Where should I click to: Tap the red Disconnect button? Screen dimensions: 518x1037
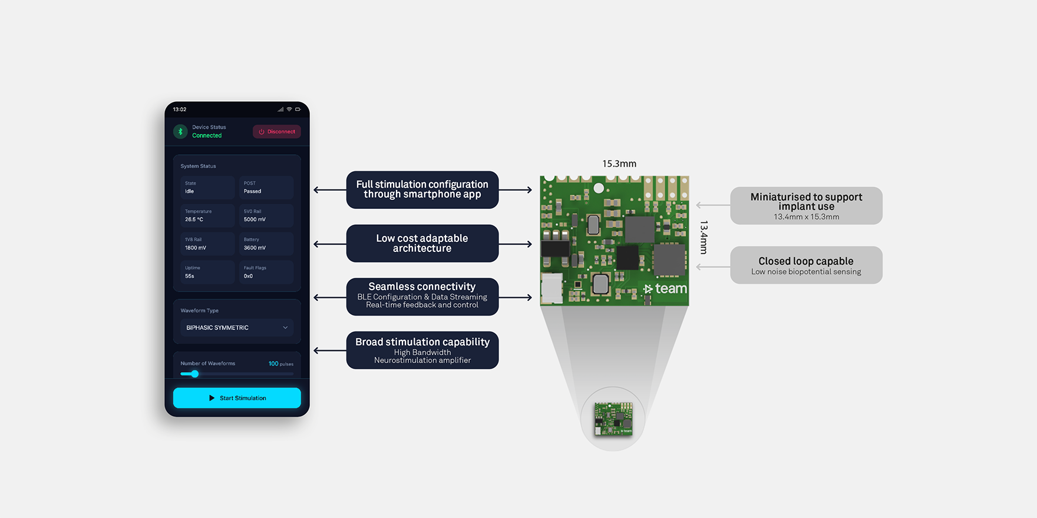pyautogui.click(x=277, y=132)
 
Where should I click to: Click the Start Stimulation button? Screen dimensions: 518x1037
pyautogui.click(x=237, y=398)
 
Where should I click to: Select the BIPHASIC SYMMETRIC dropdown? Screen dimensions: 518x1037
pyautogui.click(x=237, y=328)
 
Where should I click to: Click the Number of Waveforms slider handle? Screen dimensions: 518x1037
pyautogui.click(x=194, y=374)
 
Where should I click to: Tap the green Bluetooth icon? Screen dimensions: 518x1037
pyautogui.click(x=180, y=131)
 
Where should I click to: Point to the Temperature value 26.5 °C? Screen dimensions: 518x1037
pyautogui.click(x=194, y=220)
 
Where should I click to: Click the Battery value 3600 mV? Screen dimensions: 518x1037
pyautogui.click(x=255, y=248)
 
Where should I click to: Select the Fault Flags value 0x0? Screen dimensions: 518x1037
pyautogui.click(x=248, y=276)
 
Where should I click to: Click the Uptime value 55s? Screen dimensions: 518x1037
pyautogui.click(x=190, y=276)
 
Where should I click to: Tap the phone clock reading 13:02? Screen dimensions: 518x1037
pyautogui.click(x=180, y=109)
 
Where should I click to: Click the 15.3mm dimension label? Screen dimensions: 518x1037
pyautogui.click(x=619, y=164)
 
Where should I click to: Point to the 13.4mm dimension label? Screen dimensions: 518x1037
pyautogui.click(x=704, y=237)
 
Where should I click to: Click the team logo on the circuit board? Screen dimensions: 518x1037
pyautogui.click(x=665, y=288)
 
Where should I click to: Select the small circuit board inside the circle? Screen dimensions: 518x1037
pyautogui.click(x=613, y=419)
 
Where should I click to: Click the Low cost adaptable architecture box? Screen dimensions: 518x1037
pyautogui.click(x=422, y=243)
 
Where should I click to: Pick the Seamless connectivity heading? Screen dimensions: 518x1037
pyautogui.click(x=422, y=287)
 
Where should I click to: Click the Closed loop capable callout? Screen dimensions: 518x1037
pyautogui.click(x=806, y=265)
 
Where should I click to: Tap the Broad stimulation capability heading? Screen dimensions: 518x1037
pyautogui.click(x=422, y=342)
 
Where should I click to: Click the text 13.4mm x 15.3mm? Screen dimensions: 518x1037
pyautogui.click(x=806, y=217)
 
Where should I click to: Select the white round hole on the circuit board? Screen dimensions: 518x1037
pyautogui.click(x=599, y=188)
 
